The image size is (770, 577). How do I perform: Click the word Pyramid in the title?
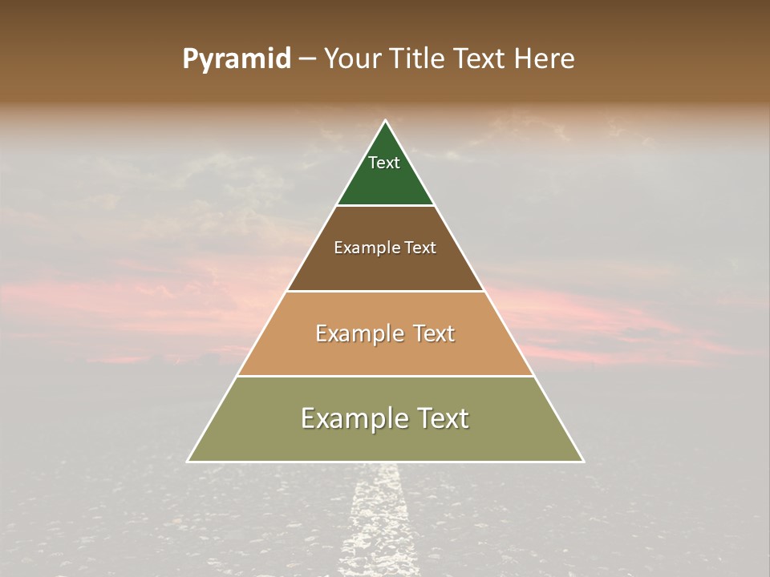tap(237, 59)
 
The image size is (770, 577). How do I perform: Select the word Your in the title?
tap(351, 59)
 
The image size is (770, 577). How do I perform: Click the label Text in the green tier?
tap(384, 163)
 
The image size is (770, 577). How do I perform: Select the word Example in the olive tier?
tap(353, 418)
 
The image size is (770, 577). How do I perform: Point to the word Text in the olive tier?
tap(439, 418)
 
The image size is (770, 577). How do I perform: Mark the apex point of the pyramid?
tap(386, 121)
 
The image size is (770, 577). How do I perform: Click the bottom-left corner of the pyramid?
tap(188, 462)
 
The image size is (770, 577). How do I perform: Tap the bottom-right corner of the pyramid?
tap(583, 462)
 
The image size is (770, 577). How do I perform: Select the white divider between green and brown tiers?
tap(385, 205)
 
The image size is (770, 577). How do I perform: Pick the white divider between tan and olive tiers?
tap(385, 376)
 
